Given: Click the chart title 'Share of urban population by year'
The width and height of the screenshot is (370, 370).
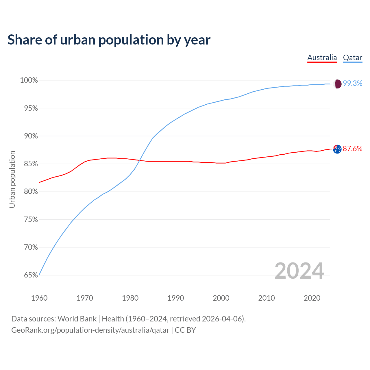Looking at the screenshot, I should pos(109,40).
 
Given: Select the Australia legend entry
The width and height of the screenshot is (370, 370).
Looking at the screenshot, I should pos(322,58).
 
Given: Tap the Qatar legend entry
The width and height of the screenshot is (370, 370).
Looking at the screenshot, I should pos(353,58).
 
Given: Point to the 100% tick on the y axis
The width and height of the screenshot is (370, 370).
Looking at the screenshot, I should pos(29,80).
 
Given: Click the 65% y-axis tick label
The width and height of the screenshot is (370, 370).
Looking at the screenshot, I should pos(31,275).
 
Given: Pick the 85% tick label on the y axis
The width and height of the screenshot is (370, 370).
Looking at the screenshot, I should pos(31,164).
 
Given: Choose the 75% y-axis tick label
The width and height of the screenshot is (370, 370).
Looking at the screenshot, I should pos(31,219).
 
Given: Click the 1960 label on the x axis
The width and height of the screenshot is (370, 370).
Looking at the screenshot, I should pos(39,298).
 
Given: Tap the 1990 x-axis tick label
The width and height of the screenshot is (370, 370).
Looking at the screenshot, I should pos(176,298).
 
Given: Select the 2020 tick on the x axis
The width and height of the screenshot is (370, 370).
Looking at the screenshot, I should pos(312,298).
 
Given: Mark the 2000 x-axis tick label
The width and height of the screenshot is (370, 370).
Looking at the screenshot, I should pos(221,298).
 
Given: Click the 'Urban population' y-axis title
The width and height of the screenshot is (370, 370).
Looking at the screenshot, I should pos(12,179).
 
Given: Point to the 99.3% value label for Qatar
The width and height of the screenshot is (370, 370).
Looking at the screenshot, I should pos(353,84).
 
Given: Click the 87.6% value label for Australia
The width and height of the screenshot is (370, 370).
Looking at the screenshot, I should pos(353,149).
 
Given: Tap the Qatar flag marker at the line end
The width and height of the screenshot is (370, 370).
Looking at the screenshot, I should pos(337,84).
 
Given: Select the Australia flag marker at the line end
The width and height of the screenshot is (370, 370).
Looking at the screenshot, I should pos(337,149).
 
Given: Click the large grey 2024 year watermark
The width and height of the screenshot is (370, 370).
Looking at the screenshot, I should pos(299,271).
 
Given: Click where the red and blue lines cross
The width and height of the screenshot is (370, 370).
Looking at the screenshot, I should pos(140,160).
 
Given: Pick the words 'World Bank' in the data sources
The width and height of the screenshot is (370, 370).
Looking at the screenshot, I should pos(77,319).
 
